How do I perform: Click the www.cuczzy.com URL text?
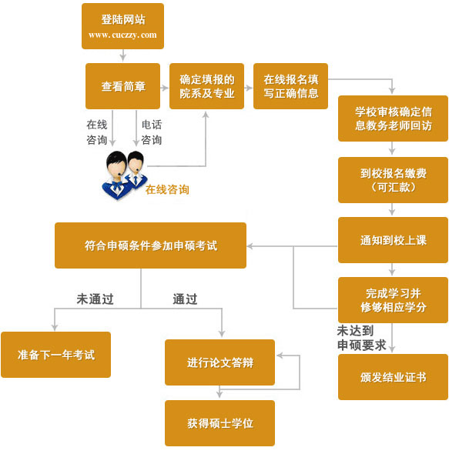coord(122,35)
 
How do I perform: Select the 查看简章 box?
coord(122,86)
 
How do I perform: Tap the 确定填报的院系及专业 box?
coord(206,86)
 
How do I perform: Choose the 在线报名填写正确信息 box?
coord(290,86)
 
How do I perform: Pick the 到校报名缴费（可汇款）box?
coord(393,179)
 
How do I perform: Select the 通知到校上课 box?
coord(393,240)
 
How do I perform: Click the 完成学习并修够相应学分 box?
coord(393,299)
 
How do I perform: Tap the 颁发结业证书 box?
coord(393,377)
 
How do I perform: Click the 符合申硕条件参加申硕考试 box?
coord(150,245)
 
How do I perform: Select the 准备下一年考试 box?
coord(55,355)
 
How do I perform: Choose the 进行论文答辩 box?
coord(219,362)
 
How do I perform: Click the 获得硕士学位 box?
coord(219,423)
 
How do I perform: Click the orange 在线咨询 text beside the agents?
coord(167,189)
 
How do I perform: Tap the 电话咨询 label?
coord(151,132)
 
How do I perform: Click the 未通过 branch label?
coord(95,299)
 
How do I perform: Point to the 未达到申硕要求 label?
coord(361,338)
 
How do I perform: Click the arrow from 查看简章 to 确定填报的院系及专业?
coord(165,87)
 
